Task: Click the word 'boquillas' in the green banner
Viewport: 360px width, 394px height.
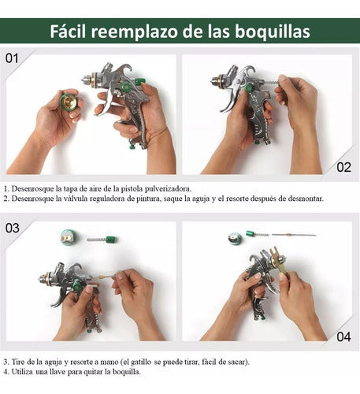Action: pyautogui.click(x=273, y=32)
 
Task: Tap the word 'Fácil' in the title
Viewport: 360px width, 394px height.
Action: pyautogui.click(x=68, y=31)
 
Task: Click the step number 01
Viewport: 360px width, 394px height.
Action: pyautogui.click(x=12, y=58)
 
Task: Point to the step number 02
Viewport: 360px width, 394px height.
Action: pyautogui.click(x=343, y=167)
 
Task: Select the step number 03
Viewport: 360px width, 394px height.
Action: pyautogui.click(x=13, y=228)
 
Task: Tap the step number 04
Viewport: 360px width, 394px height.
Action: pyautogui.click(x=343, y=336)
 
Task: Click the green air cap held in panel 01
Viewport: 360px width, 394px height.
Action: pyautogui.click(x=69, y=102)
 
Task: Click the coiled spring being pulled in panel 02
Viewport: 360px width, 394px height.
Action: pyautogui.click(x=271, y=83)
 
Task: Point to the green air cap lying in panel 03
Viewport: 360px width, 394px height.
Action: pyautogui.click(x=69, y=237)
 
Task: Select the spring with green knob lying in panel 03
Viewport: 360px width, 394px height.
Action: pyautogui.click(x=102, y=240)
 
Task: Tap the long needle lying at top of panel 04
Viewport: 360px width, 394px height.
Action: pyautogui.click(x=294, y=235)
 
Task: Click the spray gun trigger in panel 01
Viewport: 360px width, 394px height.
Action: pyautogui.click(x=106, y=100)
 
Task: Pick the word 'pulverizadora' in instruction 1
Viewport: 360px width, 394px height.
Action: pyautogui.click(x=168, y=189)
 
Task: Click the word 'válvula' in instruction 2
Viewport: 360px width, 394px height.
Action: pyautogui.click(x=75, y=199)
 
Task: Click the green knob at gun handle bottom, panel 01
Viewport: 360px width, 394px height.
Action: pyautogui.click(x=132, y=145)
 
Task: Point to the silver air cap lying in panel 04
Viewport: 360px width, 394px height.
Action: pyautogui.click(x=235, y=239)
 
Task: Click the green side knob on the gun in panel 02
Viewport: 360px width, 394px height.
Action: pyautogui.click(x=248, y=87)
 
